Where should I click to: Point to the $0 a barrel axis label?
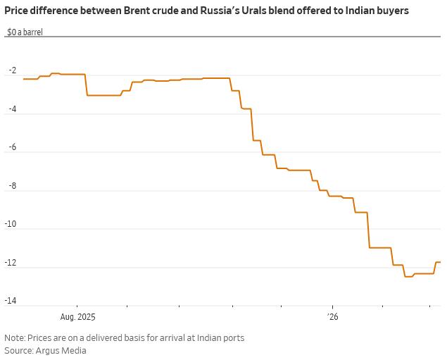(x=25, y=32)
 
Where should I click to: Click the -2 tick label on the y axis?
(x=12, y=71)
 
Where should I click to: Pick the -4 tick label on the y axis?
(x=12, y=109)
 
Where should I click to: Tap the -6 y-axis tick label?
(x=12, y=148)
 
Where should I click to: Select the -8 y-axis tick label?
(x=12, y=186)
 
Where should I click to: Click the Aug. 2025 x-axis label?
(x=77, y=317)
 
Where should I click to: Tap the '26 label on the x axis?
(x=332, y=317)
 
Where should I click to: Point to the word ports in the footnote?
(x=232, y=337)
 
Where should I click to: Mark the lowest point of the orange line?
(x=408, y=277)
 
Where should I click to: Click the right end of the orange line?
(x=440, y=262)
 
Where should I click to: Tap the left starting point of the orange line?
(x=24, y=79)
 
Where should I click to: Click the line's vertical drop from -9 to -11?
(x=369, y=230)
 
